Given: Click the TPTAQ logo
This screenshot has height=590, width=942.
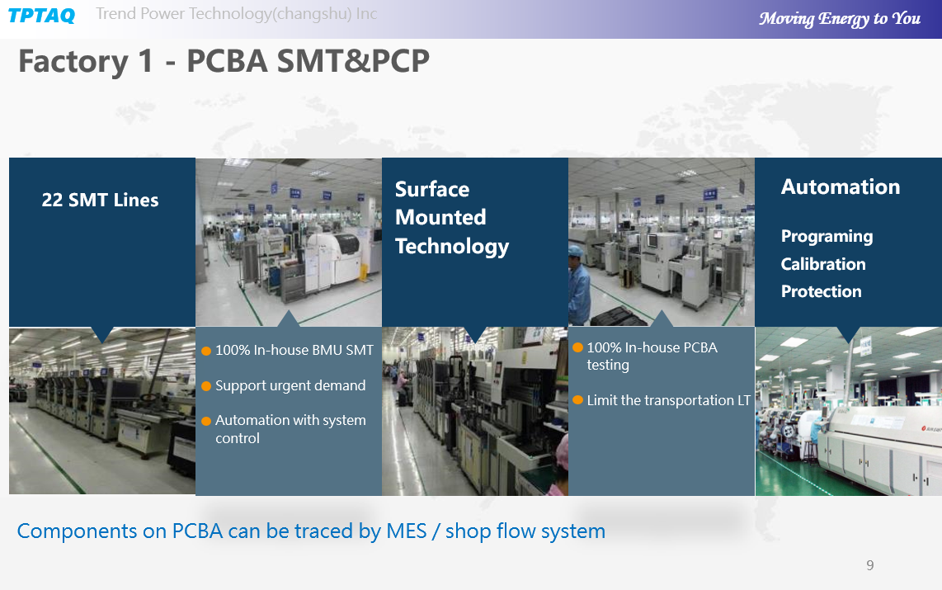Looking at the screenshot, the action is [x=41, y=16].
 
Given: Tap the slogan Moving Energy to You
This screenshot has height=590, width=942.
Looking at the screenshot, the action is [x=839, y=19].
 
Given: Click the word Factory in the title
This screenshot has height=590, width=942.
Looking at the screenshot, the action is [x=73, y=61].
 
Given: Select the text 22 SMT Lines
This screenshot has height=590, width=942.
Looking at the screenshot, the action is [x=100, y=200].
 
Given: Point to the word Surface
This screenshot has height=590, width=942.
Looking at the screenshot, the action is [x=432, y=189].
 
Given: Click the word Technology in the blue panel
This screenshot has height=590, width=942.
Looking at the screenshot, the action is [x=452, y=247].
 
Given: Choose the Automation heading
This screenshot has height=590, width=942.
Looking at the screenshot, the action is [x=841, y=186].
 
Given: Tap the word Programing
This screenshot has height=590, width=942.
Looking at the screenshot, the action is [x=827, y=237].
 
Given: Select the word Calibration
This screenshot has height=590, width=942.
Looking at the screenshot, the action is [x=823, y=264].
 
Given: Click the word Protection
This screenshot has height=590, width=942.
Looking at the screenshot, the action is [x=822, y=291].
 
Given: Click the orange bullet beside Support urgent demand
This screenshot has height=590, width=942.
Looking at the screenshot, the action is [x=206, y=386].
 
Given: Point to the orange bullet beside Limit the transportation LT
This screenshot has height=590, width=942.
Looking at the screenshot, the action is [x=578, y=400].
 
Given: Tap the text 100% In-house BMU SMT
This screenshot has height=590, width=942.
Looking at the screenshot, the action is [x=294, y=350].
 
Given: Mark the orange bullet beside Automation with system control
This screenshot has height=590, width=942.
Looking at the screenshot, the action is [x=206, y=421].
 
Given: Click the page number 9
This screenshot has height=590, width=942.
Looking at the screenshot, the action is [x=870, y=564].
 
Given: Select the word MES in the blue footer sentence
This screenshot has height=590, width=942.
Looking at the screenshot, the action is [x=406, y=531].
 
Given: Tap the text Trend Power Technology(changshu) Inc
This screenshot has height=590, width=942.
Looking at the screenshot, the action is [x=237, y=14].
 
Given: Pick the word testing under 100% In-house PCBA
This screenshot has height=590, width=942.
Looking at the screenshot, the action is [x=608, y=366].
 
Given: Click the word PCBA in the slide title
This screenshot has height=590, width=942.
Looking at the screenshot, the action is [x=227, y=61].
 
